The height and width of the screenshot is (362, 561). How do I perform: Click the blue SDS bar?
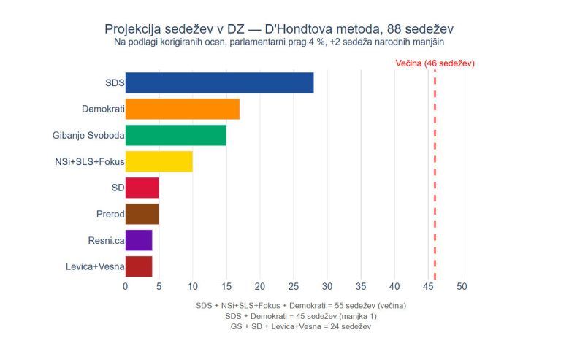(x=219, y=82)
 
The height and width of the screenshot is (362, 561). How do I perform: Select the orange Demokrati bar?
(x=183, y=109)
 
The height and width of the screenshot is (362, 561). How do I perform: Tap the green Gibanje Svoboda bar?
(x=175, y=135)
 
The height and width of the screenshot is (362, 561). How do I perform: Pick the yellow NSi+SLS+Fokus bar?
(x=159, y=161)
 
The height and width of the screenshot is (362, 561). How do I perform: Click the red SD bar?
(x=142, y=188)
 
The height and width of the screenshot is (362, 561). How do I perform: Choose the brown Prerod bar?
(x=142, y=214)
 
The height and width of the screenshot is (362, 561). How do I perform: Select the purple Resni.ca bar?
(x=139, y=240)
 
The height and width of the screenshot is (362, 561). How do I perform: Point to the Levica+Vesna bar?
(x=139, y=266)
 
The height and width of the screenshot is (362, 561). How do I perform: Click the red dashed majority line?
(x=435, y=175)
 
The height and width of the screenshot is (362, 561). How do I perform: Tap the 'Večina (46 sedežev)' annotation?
(x=435, y=63)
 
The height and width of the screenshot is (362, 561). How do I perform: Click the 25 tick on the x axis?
(x=294, y=287)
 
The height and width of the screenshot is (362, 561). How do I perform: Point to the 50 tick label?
(x=462, y=287)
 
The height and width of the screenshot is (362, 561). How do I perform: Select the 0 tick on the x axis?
(x=126, y=287)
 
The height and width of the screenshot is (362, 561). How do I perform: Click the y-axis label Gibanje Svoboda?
(x=88, y=135)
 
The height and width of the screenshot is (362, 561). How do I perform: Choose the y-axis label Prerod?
(x=109, y=214)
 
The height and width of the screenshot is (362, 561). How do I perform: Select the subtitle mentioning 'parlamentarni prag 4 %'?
(x=280, y=42)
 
